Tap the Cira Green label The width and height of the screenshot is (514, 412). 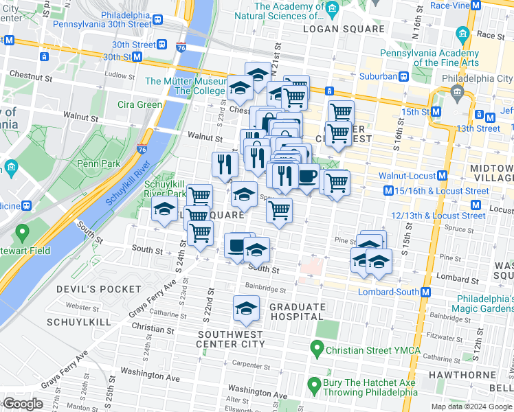[x=139, y=104]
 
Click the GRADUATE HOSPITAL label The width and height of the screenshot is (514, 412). [x=298, y=312]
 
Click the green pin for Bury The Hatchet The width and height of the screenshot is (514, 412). [x=314, y=385]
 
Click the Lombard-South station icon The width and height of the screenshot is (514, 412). [x=426, y=292]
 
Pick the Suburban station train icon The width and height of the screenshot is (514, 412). [x=405, y=77]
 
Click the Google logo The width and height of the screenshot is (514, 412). [x=22, y=404]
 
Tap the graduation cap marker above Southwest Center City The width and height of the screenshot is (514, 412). [x=246, y=308]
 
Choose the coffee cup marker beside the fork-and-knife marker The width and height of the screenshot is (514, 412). [x=307, y=176]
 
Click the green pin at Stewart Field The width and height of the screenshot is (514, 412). [x=22, y=233]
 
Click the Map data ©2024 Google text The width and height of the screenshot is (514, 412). [x=471, y=407]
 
